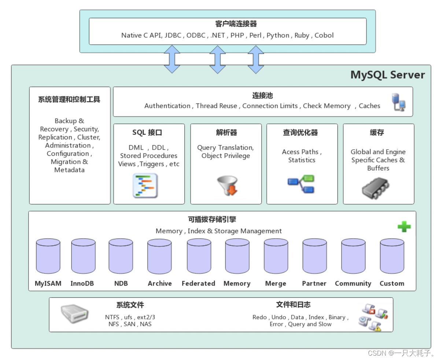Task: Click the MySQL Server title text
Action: coord(388,75)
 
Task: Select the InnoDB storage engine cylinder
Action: coord(83,256)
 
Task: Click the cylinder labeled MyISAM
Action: coord(48,256)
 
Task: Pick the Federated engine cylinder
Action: coord(199,256)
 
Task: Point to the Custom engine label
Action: coord(392,283)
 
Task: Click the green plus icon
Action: coord(404,227)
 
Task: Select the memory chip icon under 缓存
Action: coord(376,188)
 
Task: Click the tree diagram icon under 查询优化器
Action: coord(301,184)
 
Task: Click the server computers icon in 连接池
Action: coord(398,102)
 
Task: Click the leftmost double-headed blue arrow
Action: coord(172,59)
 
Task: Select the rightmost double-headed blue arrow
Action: coord(256,59)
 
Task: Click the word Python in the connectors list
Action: coord(278,36)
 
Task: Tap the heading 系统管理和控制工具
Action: coord(69,99)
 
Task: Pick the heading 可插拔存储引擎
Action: coord(212,220)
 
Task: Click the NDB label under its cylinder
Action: coord(121,283)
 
